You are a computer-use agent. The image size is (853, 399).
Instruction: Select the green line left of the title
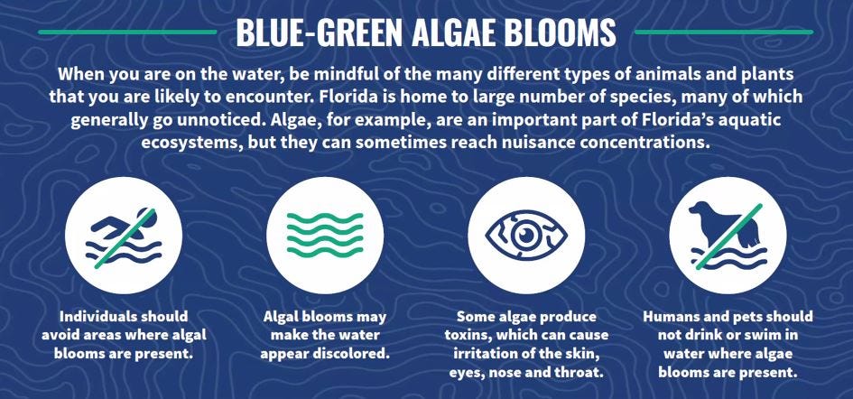coord(127,32)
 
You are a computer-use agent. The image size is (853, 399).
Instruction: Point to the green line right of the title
coord(724,32)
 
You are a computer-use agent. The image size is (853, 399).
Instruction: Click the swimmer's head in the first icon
coord(148,218)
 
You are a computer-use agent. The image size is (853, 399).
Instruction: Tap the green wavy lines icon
coord(325,235)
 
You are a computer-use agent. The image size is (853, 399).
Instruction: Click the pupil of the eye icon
coord(526,235)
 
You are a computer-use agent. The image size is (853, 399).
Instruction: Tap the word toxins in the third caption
coord(469,335)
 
